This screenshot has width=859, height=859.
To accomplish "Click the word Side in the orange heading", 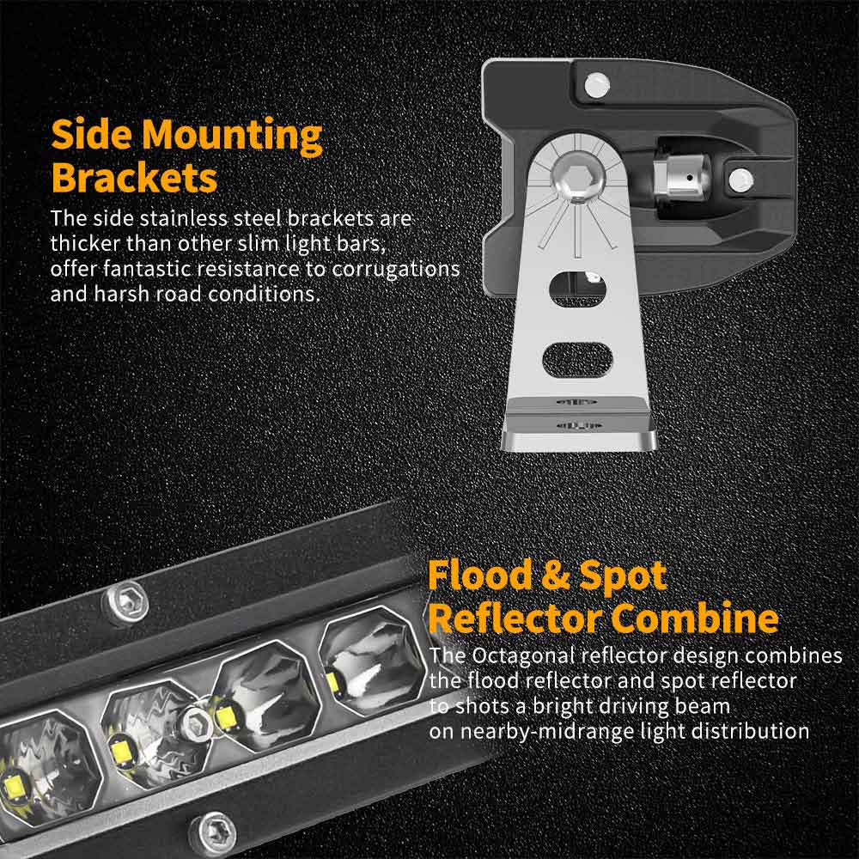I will [90, 136].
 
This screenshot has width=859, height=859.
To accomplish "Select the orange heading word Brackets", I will [133, 178].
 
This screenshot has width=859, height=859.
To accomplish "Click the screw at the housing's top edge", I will [593, 83].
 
